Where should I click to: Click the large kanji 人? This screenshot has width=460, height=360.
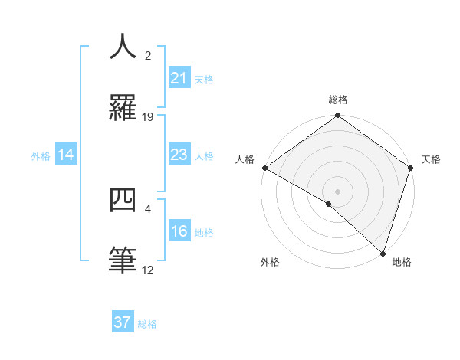124,47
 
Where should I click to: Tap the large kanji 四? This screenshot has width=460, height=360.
124,201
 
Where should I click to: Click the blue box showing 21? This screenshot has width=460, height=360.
179,78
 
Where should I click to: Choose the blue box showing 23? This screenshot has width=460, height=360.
179,155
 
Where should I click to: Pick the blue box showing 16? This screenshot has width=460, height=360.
179,232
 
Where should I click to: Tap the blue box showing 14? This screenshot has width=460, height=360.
66,155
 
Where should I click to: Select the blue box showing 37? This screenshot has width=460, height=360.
123,322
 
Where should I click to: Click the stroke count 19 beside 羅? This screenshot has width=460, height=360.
148,117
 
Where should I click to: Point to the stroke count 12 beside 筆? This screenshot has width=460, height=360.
148,270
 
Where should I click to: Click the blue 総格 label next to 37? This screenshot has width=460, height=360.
147,324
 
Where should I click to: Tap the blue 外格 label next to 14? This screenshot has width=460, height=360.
41,156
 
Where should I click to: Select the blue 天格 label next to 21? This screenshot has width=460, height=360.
204,80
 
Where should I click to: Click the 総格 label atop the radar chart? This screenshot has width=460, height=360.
338,100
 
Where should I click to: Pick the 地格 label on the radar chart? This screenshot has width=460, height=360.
402,262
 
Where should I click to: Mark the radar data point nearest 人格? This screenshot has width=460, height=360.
264,168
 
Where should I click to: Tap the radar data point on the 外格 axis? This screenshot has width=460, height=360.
329,204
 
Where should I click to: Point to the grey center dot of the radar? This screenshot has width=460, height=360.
338,191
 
